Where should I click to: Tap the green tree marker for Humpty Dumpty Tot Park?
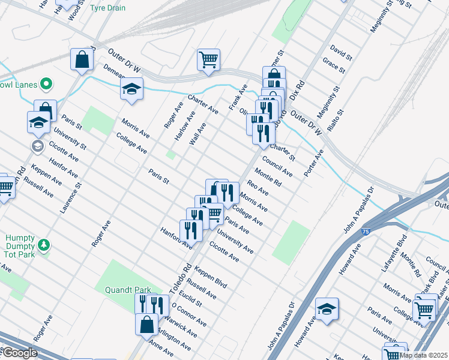click(43, 245)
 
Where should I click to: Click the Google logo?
click(20, 353)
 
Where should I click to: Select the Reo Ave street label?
click(258, 190)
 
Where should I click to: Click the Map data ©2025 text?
click(423, 355)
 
